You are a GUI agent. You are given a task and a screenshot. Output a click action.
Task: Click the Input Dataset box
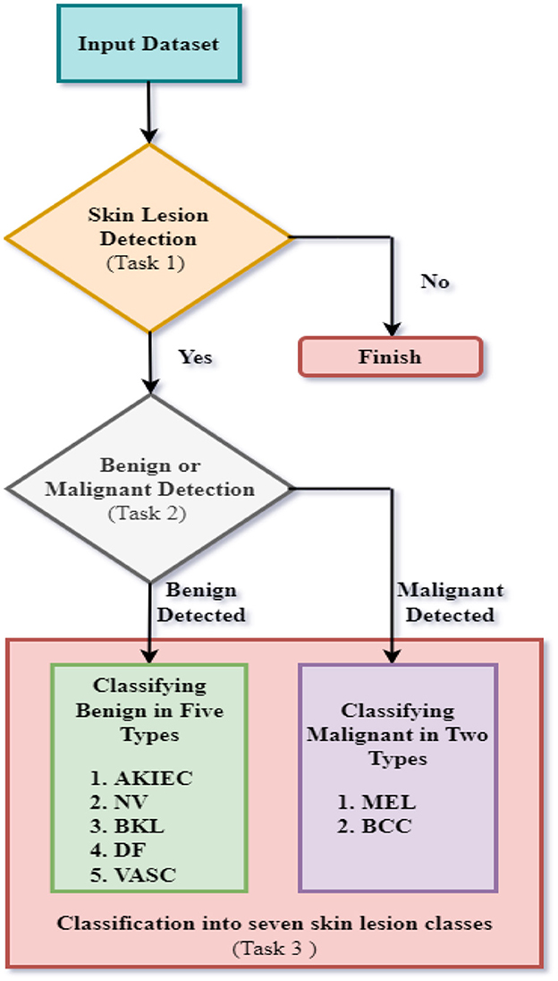(x=148, y=44)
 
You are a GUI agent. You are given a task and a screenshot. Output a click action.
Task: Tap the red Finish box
(x=390, y=357)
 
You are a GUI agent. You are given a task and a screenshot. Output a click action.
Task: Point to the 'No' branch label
(x=435, y=282)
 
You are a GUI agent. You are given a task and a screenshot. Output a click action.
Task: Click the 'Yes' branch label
(x=195, y=356)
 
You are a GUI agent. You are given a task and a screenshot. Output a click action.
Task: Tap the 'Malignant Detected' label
(x=450, y=602)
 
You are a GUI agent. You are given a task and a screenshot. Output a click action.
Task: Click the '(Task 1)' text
(x=148, y=263)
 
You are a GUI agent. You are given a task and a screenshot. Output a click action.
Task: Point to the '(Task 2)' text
(x=148, y=514)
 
